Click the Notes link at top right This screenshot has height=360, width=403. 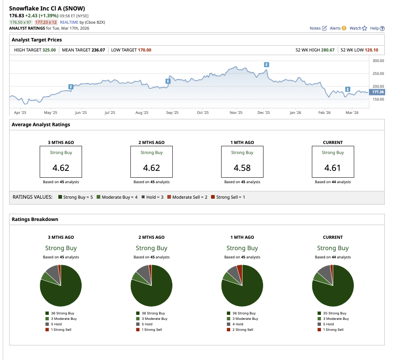tap(318, 28)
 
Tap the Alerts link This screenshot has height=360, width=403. tap(338, 28)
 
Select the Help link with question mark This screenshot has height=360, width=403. tap(377, 28)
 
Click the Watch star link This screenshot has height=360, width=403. tap(358, 28)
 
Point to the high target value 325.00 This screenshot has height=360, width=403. tap(49, 50)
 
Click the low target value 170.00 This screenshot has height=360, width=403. tap(144, 50)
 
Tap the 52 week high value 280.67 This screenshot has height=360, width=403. tap(326, 50)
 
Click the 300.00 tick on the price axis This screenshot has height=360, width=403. tap(378, 61)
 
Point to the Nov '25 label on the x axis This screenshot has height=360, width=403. tap(236, 113)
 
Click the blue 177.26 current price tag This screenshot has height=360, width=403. tap(377, 92)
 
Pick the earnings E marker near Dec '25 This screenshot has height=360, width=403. tap(267, 65)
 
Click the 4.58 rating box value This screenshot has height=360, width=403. tap(242, 168)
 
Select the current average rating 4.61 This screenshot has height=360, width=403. tap(333, 168)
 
